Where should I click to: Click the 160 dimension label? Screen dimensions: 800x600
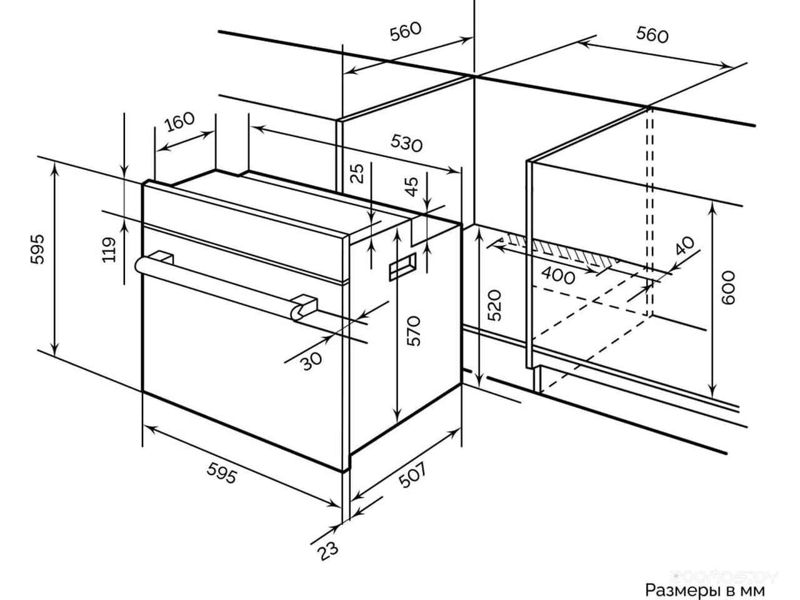(x=179, y=121)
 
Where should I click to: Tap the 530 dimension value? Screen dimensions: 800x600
(x=406, y=142)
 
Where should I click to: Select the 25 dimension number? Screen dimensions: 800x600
(x=358, y=173)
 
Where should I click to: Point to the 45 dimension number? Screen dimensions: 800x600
(x=412, y=186)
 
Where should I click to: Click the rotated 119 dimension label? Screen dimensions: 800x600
(x=109, y=249)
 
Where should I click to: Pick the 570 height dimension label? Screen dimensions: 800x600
(x=414, y=331)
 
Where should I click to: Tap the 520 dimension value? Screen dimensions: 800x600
(x=494, y=305)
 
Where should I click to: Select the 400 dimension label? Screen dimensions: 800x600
(x=558, y=276)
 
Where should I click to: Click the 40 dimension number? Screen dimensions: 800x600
(x=685, y=246)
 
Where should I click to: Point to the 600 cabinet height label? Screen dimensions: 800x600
(x=729, y=287)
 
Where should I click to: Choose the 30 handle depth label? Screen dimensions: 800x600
(x=312, y=361)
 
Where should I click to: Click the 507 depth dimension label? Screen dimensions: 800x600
(x=412, y=474)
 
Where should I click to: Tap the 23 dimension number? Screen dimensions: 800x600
(x=328, y=551)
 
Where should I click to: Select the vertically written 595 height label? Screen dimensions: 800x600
(x=37, y=249)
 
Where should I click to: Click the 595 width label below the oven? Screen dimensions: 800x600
(x=222, y=473)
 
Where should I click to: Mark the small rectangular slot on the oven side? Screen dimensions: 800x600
(x=402, y=267)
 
